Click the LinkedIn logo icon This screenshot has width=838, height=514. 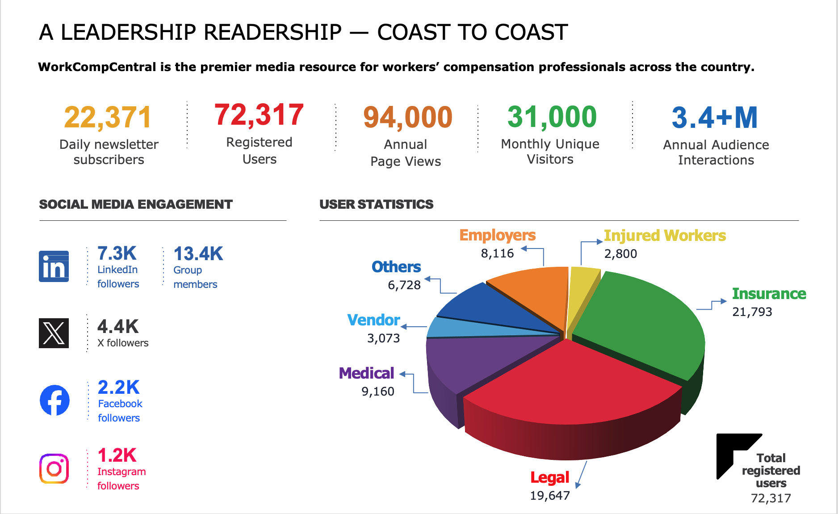[54, 266]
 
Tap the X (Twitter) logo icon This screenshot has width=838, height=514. [54, 333]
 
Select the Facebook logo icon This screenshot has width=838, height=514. [54, 400]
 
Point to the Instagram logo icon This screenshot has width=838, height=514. [54, 468]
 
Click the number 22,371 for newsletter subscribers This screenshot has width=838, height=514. [108, 118]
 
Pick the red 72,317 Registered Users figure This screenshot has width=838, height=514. [259, 115]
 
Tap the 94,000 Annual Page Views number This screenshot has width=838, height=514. [408, 118]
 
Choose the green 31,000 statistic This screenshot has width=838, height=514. [552, 117]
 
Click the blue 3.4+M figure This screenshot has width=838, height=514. [715, 118]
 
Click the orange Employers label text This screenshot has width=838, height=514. [498, 235]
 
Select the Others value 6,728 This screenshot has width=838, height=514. [404, 285]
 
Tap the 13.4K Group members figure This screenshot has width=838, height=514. [198, 254]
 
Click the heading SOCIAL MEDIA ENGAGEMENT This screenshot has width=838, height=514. [136, 204]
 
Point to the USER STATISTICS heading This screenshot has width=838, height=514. [377, 204]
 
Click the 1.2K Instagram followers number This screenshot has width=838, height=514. [117, 455]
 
